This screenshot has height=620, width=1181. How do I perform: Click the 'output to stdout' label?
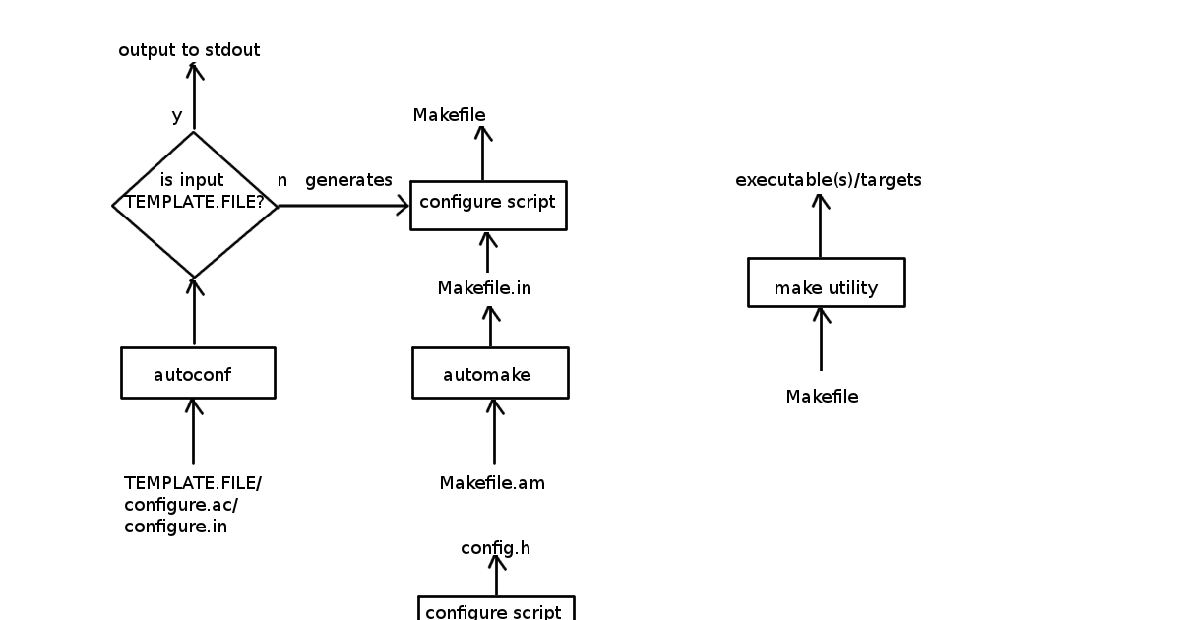point(189,50)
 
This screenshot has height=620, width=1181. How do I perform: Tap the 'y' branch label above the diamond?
point(177,116)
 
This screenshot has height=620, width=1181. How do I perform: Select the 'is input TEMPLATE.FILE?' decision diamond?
point(195,205)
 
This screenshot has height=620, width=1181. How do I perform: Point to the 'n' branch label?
point(282,180)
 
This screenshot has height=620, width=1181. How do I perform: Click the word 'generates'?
point(348,180)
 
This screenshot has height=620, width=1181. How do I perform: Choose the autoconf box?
point(198,373)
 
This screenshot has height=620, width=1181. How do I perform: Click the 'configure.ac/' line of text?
point(181,505)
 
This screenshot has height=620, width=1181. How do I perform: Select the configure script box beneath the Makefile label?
point(488,205)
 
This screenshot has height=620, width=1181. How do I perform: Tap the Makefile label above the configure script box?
point(449,115)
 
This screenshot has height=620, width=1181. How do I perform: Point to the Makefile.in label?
point(484,288)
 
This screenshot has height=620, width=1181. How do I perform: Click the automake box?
point(489,373)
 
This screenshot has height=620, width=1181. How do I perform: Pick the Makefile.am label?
point(492,483)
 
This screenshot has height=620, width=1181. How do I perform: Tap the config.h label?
point(495,548)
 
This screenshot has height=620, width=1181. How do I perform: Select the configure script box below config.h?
point(495,609)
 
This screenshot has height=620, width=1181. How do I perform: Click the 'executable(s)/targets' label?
point(829,180)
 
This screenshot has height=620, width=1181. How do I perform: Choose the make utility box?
point(826,283)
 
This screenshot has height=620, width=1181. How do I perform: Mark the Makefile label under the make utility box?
point(822,397)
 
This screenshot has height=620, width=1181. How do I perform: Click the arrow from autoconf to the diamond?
point(194,312)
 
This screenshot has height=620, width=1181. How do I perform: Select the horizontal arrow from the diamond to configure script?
point(343,206)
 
